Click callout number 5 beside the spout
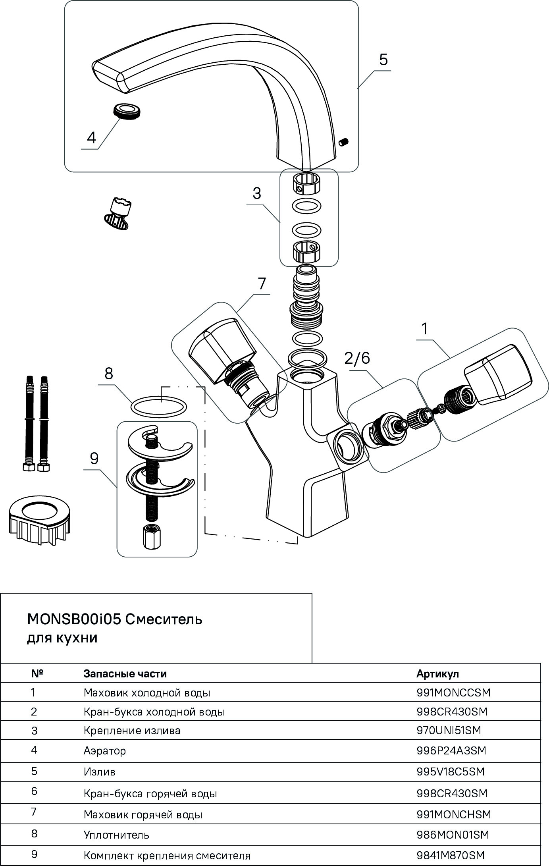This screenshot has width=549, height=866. point(383,60)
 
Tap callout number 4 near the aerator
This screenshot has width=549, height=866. point(91,138)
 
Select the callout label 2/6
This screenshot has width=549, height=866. point(357,358)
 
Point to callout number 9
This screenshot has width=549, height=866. point(94,459)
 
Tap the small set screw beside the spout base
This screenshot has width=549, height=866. point(343,141)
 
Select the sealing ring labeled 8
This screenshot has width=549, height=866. point(158,407)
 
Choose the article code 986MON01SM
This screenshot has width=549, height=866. point(453,835)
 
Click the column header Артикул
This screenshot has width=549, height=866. point(437,674)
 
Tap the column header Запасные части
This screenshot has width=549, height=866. point(125,674)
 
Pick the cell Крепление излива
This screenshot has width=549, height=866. point(132,731)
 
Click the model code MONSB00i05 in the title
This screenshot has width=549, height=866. point(74,619)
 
